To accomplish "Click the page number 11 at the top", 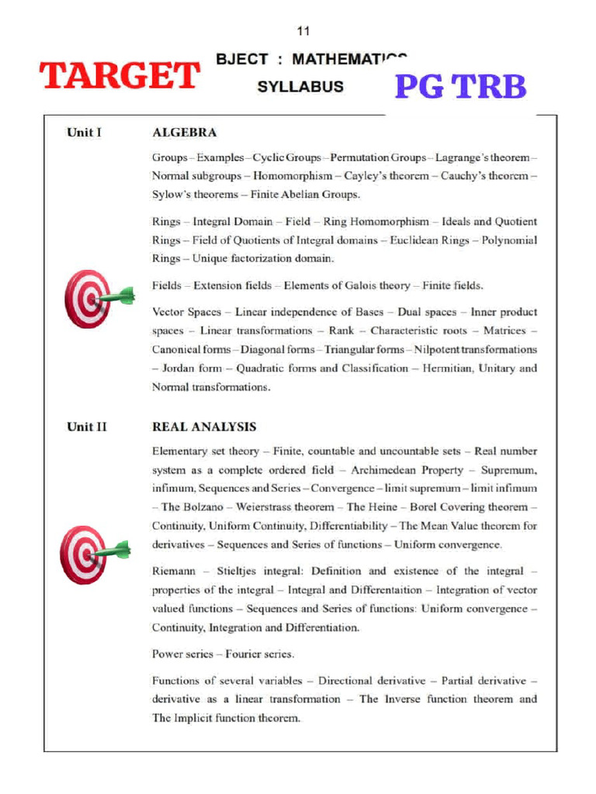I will tap(303, 31).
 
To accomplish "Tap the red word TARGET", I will tap(120, 76).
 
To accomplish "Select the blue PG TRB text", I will tap(460, 87).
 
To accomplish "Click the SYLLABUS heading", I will tap(300, 87).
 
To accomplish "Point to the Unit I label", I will tap(84, 133).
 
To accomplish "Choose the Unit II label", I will tap(86, 426).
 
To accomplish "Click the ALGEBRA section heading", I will tap(184, 133).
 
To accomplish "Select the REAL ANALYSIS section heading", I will tap(204, 426).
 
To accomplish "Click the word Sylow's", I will tap(172, 195).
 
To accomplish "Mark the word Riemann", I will tap(175, 571).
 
